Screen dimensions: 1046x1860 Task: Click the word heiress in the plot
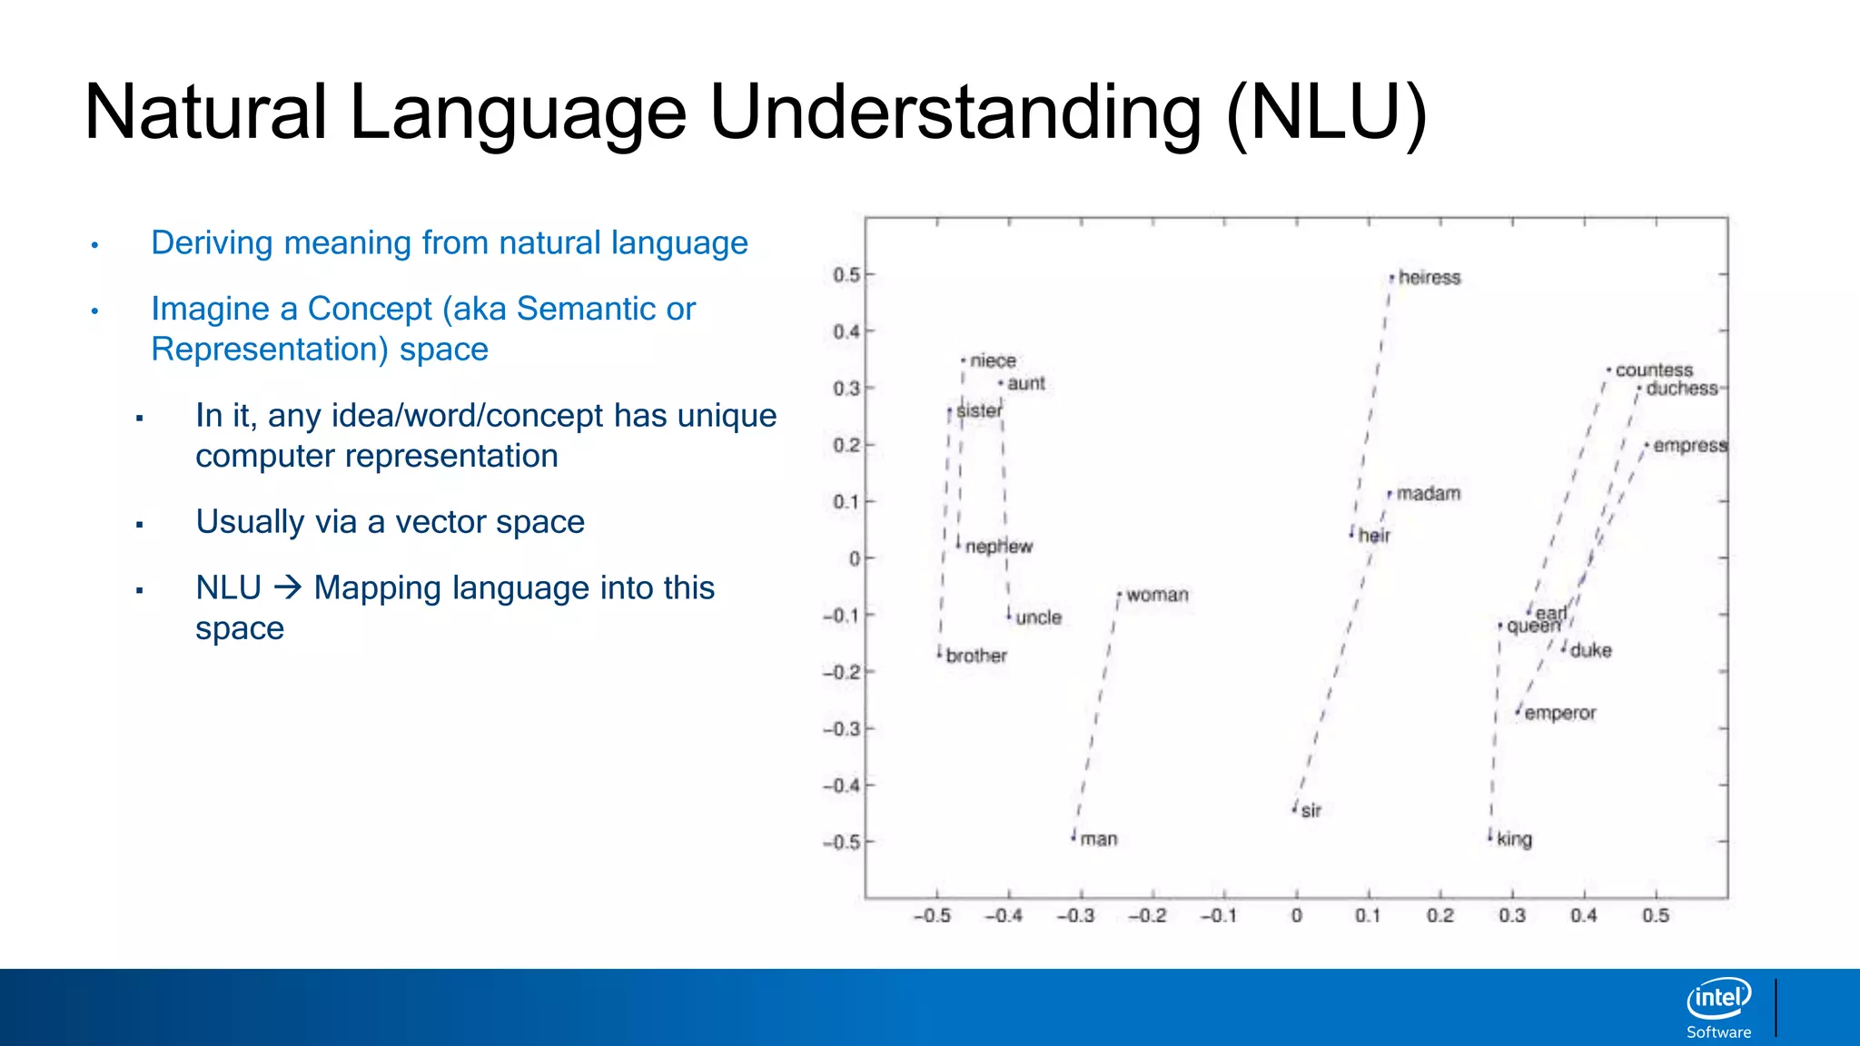coord(1429,277)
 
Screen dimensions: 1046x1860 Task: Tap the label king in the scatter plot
coord(1514,840)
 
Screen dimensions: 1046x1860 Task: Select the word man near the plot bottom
coord(1098,840)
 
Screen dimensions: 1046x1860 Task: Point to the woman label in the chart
coord(1157,596)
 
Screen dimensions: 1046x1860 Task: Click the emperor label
coord(1559,714)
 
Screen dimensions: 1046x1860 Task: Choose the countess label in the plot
coord(1654,370)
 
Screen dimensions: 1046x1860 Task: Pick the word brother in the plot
coord(976,656)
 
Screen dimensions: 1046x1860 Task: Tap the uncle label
coord(1038,618)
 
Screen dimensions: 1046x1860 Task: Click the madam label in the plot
coord(1428,494)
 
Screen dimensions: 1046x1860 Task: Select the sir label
coord(1311,811)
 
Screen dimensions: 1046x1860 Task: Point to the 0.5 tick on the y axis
coord(846,275)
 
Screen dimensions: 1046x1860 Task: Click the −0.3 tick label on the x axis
coord(1075,916)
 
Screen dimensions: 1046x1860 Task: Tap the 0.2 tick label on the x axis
coord(1440,916)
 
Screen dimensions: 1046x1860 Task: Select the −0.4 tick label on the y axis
coord(840,785)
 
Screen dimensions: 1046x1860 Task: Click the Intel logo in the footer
coord(1718,999)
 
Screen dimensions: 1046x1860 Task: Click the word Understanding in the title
coord(955,113)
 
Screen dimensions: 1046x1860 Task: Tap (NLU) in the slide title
coord(1327,113)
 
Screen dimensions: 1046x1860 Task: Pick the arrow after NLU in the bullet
coord(288,587)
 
